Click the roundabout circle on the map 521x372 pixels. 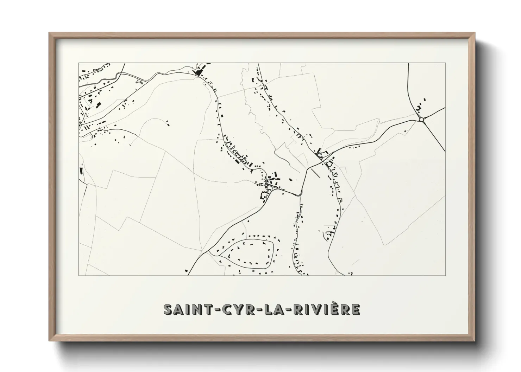click(422, 120)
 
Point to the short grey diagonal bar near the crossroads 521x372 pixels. click(316, 173)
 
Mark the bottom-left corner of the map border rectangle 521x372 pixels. click(79, 275)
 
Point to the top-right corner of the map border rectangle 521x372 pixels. click(446, 63)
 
